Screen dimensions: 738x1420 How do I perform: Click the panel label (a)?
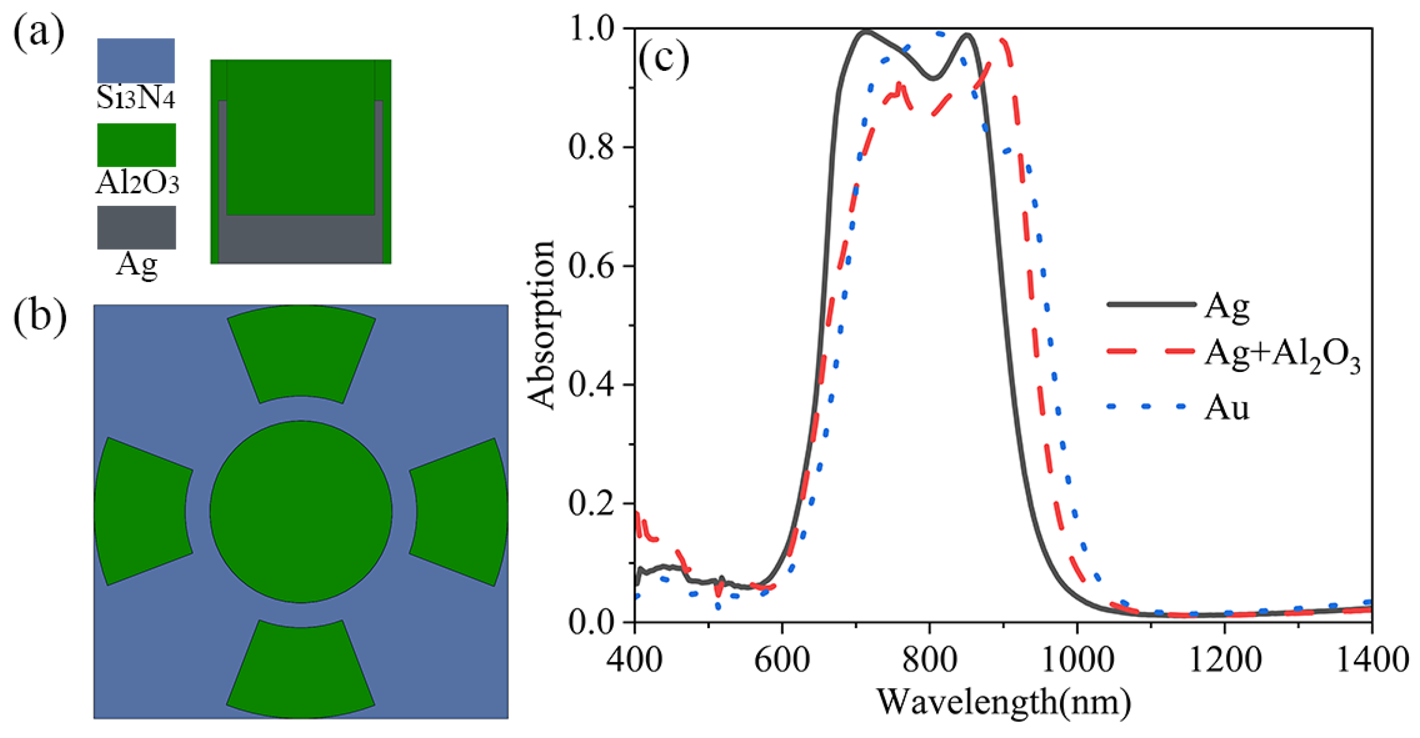point(39,34)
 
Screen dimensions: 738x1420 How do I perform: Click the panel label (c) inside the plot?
point(663,59)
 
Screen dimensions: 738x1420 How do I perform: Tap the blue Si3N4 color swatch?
point(136,60)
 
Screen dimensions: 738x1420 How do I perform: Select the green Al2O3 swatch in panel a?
point(136,144)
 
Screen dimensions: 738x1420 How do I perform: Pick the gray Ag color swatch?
point(136,227)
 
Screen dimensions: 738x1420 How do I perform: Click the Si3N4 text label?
point(136,98)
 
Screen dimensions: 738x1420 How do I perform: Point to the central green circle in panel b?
point(301,511)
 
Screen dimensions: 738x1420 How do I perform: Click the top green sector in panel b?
point(301,353)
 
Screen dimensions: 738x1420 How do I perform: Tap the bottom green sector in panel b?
point(301,669)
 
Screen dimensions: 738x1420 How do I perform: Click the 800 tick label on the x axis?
point(929,660)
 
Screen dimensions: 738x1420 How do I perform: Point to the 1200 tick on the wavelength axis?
point(1225,660)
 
